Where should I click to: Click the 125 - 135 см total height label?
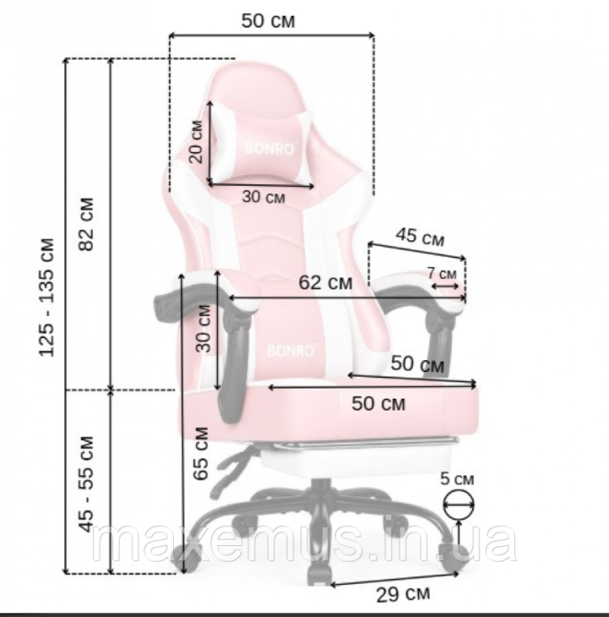46,297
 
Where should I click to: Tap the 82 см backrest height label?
86,225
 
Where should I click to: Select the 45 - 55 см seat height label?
86,484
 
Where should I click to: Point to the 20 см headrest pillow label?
195,142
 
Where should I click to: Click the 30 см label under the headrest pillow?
263,196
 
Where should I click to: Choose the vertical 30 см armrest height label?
203,329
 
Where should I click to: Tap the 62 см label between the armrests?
326,283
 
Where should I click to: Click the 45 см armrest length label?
420,237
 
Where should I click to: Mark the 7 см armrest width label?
442,274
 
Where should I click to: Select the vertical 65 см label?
201,453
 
